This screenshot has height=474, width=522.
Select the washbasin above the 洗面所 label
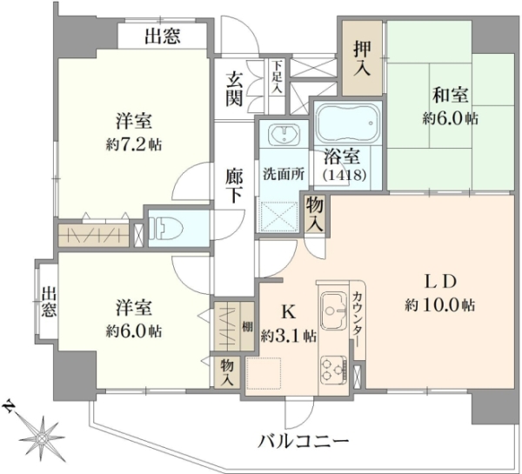[284, 133]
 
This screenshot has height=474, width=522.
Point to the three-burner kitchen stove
[334, 370]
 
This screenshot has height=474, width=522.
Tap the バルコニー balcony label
[304, 442]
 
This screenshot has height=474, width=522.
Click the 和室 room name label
[451, 95]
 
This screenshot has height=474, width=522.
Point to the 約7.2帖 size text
[134, 144]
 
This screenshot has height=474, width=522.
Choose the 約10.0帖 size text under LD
[439, 304]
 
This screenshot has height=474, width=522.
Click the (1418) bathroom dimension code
[345, 175]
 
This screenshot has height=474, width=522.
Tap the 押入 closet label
[362, 58]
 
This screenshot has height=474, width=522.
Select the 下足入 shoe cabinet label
[278, 77]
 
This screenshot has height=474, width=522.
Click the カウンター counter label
[358, 320]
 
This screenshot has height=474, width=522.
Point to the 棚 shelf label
[247, 327]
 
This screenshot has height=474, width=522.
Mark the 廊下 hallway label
[234, 186]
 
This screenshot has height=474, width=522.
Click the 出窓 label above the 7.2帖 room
[163, 36]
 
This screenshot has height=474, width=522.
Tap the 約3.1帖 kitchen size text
[288, 337]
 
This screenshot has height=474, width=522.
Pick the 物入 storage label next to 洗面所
[314, 214]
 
